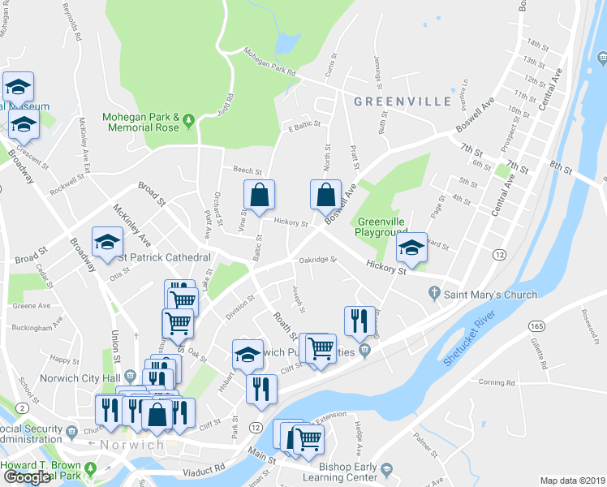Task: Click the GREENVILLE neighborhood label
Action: click(x=403, y=101)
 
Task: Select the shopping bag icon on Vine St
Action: click(x=260, y=196)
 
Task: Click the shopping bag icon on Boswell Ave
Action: click(x=325, y=196)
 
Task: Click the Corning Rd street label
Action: click(x=497, y=382)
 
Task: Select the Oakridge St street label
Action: click(x=317, y=260)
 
